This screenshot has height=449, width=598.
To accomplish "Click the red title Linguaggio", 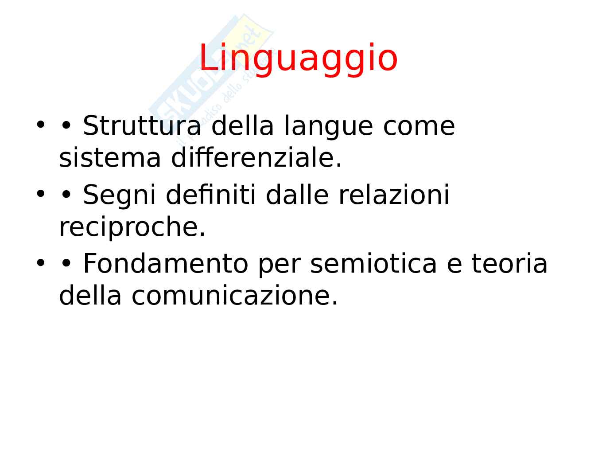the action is (299, 59).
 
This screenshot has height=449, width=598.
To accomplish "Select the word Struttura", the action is (142, 126).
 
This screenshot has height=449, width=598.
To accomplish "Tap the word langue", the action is (328, 127).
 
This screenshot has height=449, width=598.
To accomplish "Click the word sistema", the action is (110, 159).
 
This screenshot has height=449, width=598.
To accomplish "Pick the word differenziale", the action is (256, 157).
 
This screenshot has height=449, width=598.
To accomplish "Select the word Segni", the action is (119, 196).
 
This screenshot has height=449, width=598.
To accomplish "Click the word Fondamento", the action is (165, 263).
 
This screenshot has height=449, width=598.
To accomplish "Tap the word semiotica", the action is (373, 263).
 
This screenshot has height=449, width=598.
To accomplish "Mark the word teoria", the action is (509, 263).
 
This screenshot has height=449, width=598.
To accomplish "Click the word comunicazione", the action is (235, 296).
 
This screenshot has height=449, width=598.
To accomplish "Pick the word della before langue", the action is (242, 125).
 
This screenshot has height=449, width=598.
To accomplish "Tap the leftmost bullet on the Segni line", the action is (40, 194).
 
